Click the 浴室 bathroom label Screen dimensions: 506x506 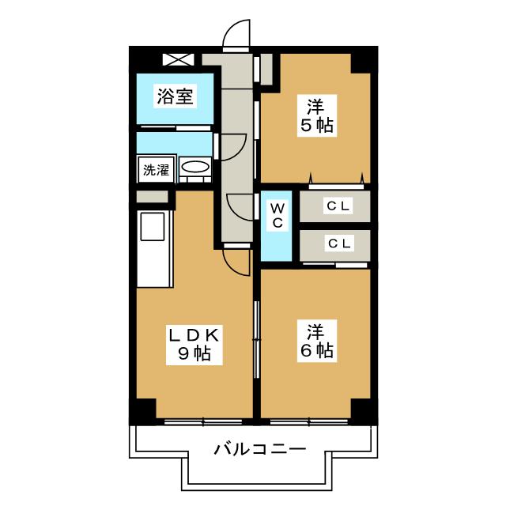coord(176,97)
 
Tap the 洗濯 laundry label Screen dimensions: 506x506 coord(156,170)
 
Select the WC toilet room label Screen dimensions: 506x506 coord(278,215)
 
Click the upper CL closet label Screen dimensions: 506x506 coord(338,206)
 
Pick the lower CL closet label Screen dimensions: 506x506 coord(338,244)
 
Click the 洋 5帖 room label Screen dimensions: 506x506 coord(315,115)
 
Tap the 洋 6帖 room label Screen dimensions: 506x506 coord(315,339)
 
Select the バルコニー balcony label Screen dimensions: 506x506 coord(259,450)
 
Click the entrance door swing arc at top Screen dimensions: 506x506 coord(235,33)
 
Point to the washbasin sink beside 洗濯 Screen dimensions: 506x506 coord(194,168)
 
